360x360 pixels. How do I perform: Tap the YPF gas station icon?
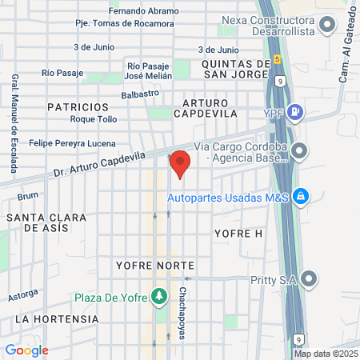(x=294, y=111)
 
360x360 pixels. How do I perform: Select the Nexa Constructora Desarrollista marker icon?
(x=326, y=26)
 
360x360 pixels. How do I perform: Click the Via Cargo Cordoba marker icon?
(x=300, y=150)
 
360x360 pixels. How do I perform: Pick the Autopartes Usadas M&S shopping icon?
(x=300, y=195)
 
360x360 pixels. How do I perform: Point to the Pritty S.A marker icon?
(x=310, y=279)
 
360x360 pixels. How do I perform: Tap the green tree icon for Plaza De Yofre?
(x=159, y=298)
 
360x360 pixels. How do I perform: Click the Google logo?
(x=26, y=350)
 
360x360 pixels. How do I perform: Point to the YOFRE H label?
(x=238, y=233)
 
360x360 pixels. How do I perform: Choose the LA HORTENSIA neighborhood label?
(x=57, y=318)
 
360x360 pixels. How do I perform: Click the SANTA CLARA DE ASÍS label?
(x=46, y=222)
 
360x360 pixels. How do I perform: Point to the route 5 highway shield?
(x=277, y=59)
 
